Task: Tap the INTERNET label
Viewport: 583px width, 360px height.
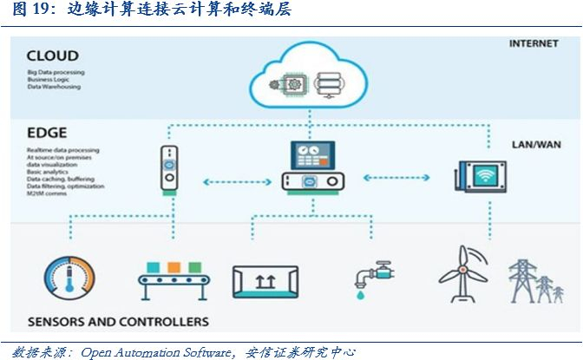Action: tap(532, 43)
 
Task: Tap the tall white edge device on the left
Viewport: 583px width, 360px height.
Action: tap(169, 169)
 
